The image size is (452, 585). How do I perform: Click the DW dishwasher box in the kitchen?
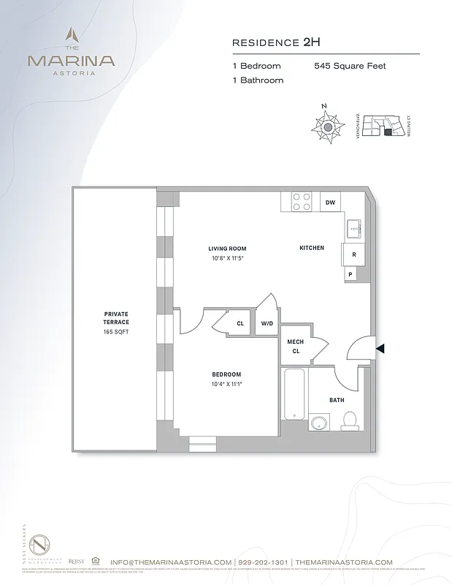pyautogui.click(x=330, y=202)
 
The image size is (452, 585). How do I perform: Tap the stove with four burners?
pyautogui.click(x=302, y=201)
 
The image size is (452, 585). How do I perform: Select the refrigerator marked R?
pyautogui.click(x=353, y=254)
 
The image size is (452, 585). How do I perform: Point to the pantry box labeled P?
pyautogui.click(x=351, y=274)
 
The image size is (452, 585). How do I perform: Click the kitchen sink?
pyautogui.click(x=353, y=229)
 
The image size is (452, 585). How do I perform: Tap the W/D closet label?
pyautogui.click(x=267, y=323)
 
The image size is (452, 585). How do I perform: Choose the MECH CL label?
pyautogui.click(x=295, y=346)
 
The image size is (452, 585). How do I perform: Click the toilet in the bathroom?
pyautogui.click(x=349, y=420)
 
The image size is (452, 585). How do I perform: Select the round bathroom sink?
pyautogui.click(x=319, y=423)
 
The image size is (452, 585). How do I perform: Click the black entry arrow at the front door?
pyautogui.click(x=380, y=350)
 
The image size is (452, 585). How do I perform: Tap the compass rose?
pyautogui.click(x=328, y=127)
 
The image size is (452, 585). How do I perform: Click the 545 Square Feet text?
pyautogui.click(x=350, y=66)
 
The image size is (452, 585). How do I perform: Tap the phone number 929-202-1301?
pyautogui.click(x=263, y=562)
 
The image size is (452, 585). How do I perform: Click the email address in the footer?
pyautogui.click(x=171, y=562)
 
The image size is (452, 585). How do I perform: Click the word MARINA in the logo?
pyautogui.click(x=71, y=61)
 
